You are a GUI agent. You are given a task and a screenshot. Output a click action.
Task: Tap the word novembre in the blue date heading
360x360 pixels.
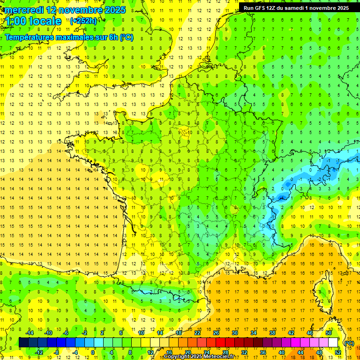79,10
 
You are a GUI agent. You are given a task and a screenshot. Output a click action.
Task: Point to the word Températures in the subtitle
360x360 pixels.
28,37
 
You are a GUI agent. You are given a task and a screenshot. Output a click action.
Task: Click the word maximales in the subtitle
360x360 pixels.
73,37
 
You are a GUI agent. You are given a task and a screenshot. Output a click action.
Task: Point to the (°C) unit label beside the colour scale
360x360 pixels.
348,343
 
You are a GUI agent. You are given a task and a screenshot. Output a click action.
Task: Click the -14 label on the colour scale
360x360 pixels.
30,333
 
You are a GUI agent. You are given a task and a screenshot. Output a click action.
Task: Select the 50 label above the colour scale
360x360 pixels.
329,333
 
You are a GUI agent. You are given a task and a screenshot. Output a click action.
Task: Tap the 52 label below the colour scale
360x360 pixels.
337,352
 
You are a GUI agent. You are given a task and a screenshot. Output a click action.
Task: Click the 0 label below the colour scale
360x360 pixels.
93,352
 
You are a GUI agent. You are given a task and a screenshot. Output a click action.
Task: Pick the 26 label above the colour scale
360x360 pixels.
216,333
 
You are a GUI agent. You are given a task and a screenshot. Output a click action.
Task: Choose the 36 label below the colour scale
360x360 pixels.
262,352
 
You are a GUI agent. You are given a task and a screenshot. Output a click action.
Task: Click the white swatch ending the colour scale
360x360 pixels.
333,343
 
